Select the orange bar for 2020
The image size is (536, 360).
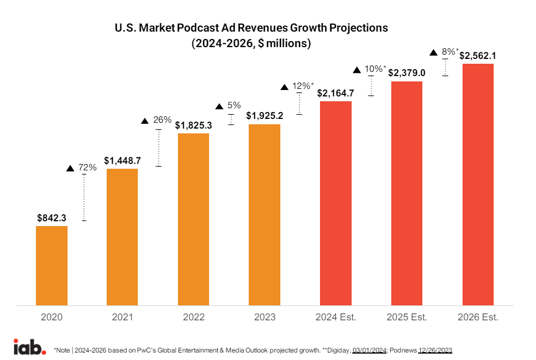[51, 266]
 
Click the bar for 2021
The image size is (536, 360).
[122, 237]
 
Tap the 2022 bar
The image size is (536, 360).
[193, 219]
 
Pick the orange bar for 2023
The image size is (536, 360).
[264, 215]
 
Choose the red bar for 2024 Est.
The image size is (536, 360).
[336, 203]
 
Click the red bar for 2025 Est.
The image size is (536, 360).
[407, 193]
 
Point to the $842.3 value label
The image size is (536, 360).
[51, 218]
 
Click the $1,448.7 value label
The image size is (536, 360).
[122, 161]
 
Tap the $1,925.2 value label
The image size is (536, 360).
[264, 115]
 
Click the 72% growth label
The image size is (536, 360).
[87, 168]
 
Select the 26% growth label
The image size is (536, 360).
[162, 120]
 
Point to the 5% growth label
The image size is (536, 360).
[234, 106]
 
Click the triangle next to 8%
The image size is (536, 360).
[434, 52]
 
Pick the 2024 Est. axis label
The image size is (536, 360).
[336, 317]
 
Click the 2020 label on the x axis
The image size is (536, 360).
[51, 317]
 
